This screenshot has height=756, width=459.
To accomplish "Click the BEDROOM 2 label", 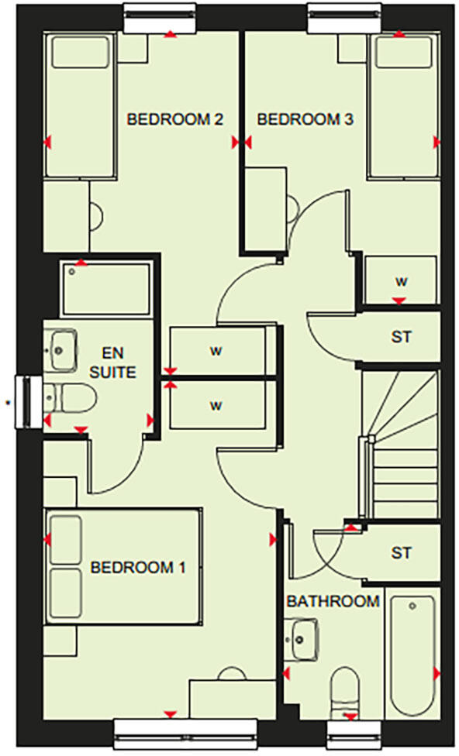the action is tap(174, 119).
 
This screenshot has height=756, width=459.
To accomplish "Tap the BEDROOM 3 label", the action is tap(305, 119).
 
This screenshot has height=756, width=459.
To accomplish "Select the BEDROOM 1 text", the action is tap(138, 568).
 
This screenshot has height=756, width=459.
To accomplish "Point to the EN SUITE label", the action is tap(113, 363).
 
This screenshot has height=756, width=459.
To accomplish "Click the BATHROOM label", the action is tap(333, 601).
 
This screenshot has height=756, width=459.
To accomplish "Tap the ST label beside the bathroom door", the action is tap(401, 552).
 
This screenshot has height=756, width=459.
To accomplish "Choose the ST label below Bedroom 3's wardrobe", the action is tap(401, 337).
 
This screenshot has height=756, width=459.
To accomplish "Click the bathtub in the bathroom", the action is tap(412, 656).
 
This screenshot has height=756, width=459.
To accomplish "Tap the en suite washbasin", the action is tap(60, 349).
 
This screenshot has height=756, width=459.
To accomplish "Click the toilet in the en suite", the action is tap(71, 398).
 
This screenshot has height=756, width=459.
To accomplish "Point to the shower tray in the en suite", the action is tap(106, 289).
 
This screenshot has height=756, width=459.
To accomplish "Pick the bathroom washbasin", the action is tap(301, 639).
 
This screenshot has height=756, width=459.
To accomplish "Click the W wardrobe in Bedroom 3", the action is tap(401, 280).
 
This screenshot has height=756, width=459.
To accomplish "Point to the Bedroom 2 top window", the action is tap(160, 19).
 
